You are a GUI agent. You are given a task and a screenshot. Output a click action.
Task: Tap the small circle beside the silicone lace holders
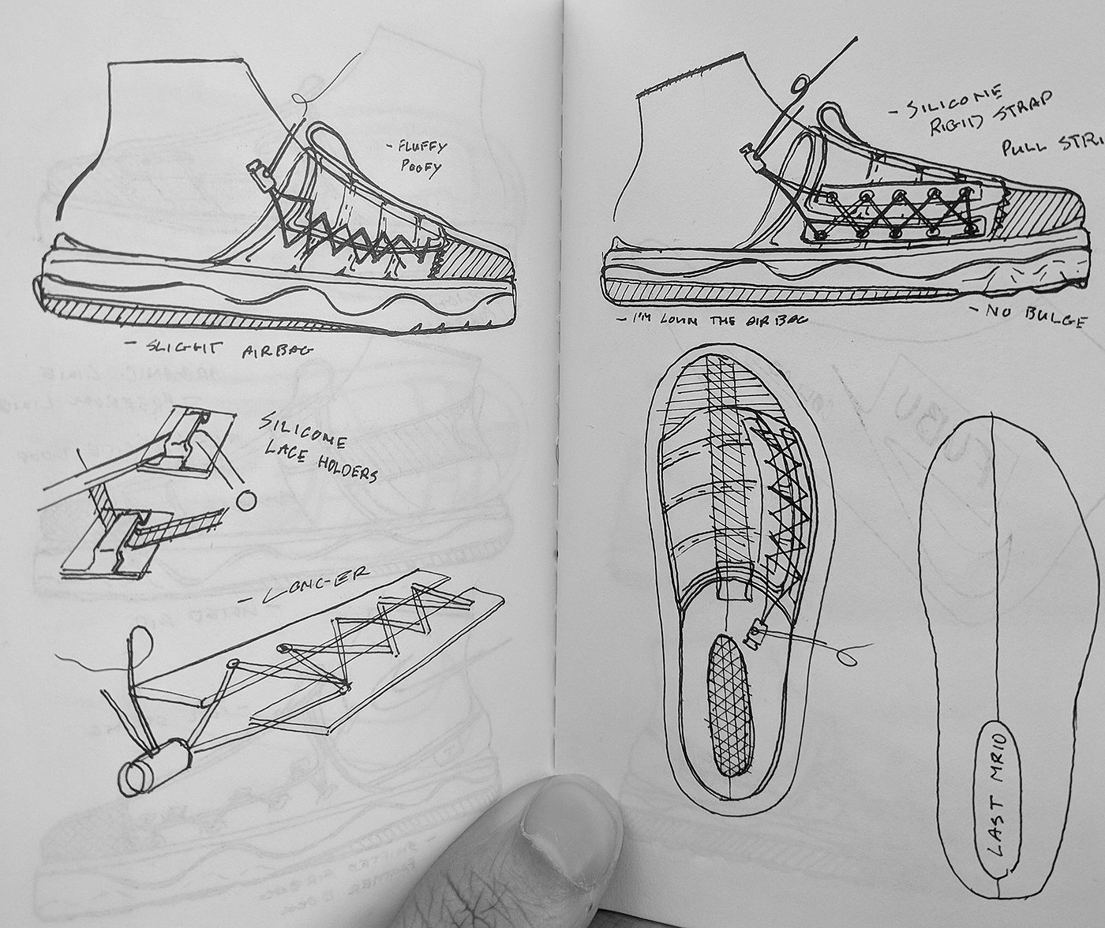tap(246, 500)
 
